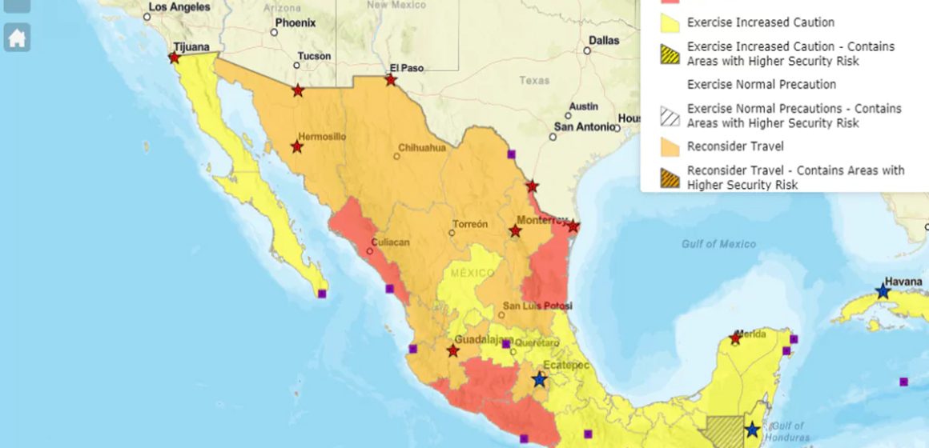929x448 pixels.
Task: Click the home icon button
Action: click(17, 38)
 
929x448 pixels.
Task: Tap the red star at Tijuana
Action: click(175, 58)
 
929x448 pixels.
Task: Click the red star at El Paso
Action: click(391, 80)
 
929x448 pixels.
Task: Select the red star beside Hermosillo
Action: click(297, 147)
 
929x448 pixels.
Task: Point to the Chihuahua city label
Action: click(422, 147)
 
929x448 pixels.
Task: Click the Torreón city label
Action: click(470, 224)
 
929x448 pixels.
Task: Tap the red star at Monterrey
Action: click(515, 231)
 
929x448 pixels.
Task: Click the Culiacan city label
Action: click(390, 242)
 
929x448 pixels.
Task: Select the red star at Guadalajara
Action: click(453, 351)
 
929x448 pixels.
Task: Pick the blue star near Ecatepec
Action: click(539, 379)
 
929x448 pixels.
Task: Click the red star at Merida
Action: click(736, 339)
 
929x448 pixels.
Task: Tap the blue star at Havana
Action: click(883, 292)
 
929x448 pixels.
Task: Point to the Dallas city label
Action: click(604, 40)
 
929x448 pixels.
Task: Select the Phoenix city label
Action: click(296, 23)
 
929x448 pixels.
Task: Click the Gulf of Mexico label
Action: click(718, 244)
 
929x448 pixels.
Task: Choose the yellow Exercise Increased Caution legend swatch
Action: click(670, 23)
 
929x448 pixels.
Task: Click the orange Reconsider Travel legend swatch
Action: click(670, 147)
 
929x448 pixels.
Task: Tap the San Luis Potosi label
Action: click(537, 306)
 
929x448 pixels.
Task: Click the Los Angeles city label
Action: click(179, 7)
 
